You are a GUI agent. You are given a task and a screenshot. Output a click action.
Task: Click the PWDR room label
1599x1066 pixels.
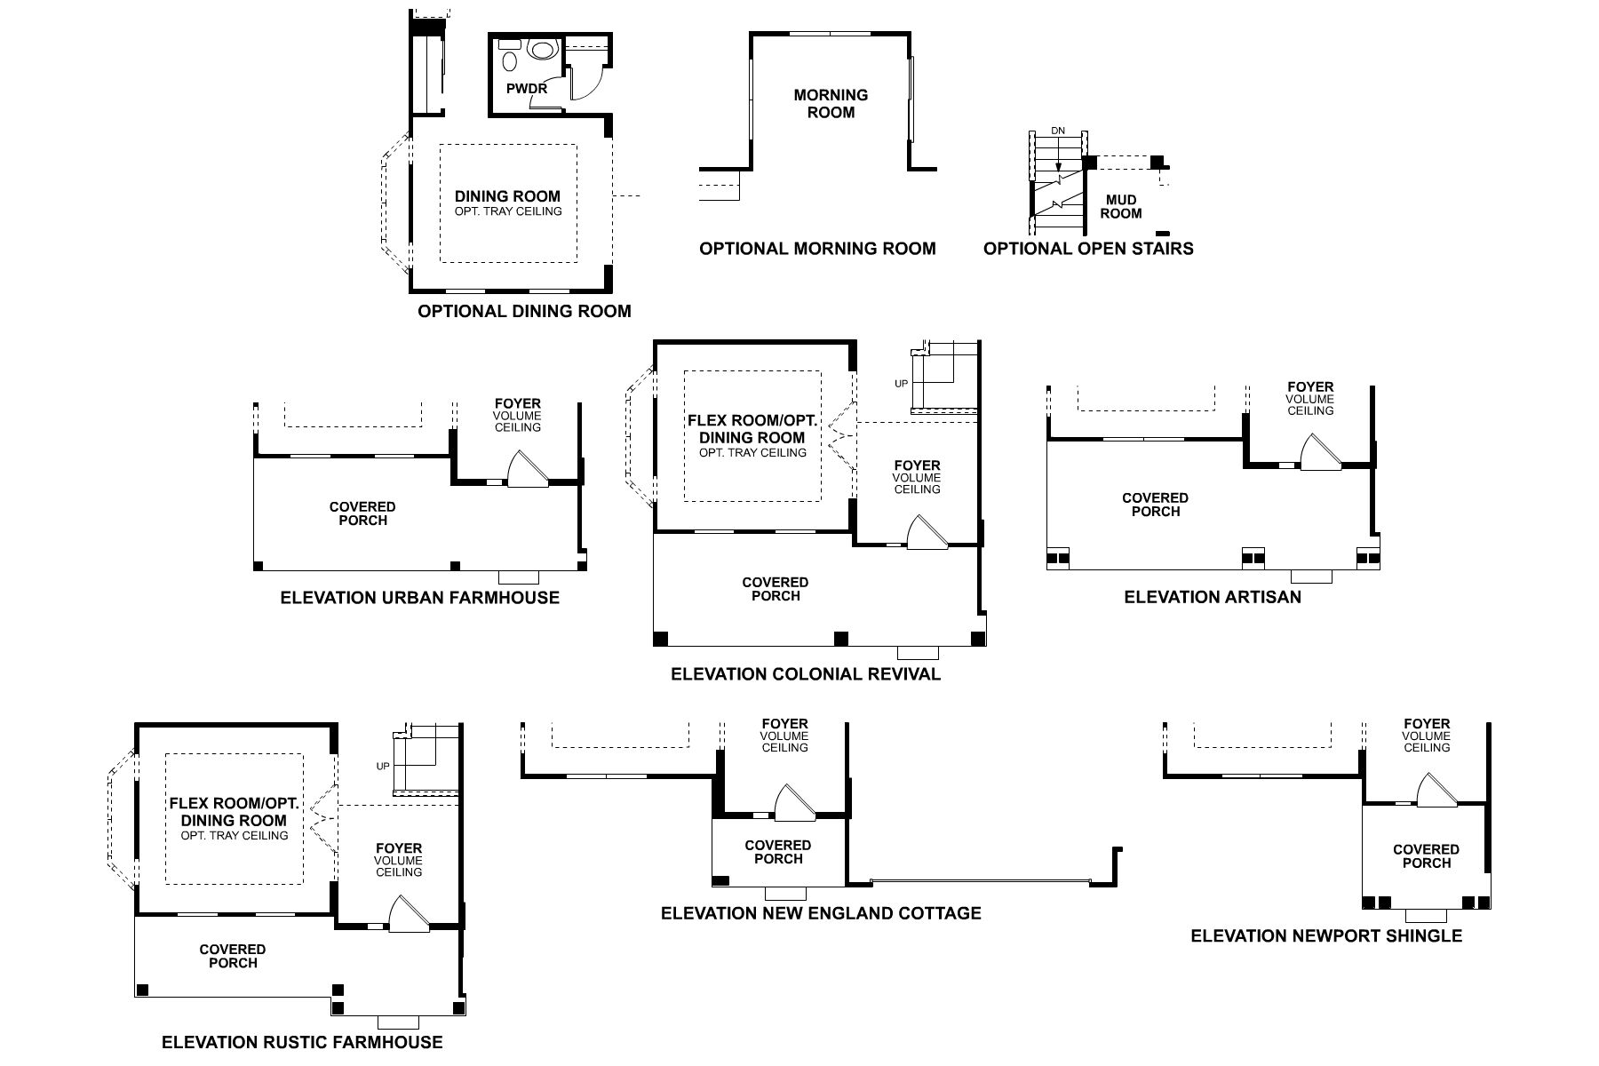click(x=526, y=89)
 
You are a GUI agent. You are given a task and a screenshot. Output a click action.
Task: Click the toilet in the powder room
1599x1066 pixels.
click(x=540, y=50)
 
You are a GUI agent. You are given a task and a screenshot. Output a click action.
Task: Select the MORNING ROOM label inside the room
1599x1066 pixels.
click(x=831, y=103)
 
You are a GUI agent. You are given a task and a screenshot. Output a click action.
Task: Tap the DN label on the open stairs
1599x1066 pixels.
click(x=1057, y=131)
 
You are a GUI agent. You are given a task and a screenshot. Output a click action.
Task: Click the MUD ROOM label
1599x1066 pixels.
click(x=1121, y=207)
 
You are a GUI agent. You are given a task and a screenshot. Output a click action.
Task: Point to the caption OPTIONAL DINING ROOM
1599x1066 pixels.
click(x=524, y=312)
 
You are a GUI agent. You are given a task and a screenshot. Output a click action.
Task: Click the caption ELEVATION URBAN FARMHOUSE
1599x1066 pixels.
click(x=419, y=598)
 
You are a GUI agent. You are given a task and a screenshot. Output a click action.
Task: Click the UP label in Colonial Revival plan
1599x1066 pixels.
click(x=902, y=384)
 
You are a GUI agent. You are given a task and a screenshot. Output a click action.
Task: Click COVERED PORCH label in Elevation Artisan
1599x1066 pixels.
click(x=1155, y=505)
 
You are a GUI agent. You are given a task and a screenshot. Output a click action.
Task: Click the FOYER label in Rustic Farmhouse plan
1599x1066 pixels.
click(x=399, y=848)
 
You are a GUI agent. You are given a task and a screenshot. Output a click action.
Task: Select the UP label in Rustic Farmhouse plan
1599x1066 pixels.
click(x=383, y=766)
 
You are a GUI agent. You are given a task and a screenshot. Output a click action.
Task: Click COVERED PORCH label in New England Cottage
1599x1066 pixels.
click(x=778, y=852)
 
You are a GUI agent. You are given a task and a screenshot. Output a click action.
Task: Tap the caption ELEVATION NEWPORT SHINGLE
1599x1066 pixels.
click(x=1325, y=936)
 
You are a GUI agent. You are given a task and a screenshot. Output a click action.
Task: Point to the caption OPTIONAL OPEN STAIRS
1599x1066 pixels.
click(x=1088, y=249)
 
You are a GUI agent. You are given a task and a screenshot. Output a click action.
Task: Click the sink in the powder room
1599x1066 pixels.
click(x=510, y=60)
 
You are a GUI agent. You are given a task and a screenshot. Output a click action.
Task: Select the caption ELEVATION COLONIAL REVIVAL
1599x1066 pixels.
click(x=805, y=674)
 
